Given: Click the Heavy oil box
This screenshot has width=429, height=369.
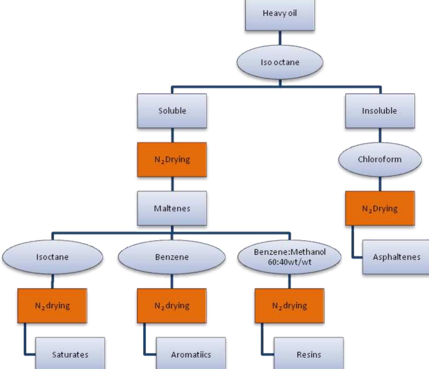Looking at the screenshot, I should [x=280, y=14].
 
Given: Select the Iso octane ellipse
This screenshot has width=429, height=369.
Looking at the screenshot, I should [x=280, y=62].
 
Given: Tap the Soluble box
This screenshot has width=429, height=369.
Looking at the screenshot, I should [x=172, y=111].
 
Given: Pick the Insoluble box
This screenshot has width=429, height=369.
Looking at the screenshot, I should [x=380, y=111].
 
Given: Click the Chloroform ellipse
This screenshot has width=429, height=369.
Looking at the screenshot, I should [x=380, y=159].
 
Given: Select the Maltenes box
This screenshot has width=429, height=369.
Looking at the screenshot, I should [x=172, y=208].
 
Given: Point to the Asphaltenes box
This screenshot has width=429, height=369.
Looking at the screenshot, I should [x=396, y=257].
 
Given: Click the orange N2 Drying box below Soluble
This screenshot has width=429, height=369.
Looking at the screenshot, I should [x=172, y=159].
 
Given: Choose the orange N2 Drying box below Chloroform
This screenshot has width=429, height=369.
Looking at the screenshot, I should [x=380, y=208].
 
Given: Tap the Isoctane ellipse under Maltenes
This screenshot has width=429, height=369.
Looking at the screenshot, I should [x=52, y=257].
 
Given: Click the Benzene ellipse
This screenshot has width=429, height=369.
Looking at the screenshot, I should [x=172, y=257].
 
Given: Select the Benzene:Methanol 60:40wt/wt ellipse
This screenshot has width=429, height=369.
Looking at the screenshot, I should [x=289, y=257].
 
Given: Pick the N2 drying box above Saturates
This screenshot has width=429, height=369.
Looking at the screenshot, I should [x=52, y=305].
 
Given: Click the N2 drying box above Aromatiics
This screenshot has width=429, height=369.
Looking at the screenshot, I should [x=172, y=305].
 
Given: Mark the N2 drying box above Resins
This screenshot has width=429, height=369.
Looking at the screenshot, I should [x=289, y=305].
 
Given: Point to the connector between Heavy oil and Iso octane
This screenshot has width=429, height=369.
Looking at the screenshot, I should [x=280, y=38].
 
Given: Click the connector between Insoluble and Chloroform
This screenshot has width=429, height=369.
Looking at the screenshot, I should [x=380, y=135].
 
